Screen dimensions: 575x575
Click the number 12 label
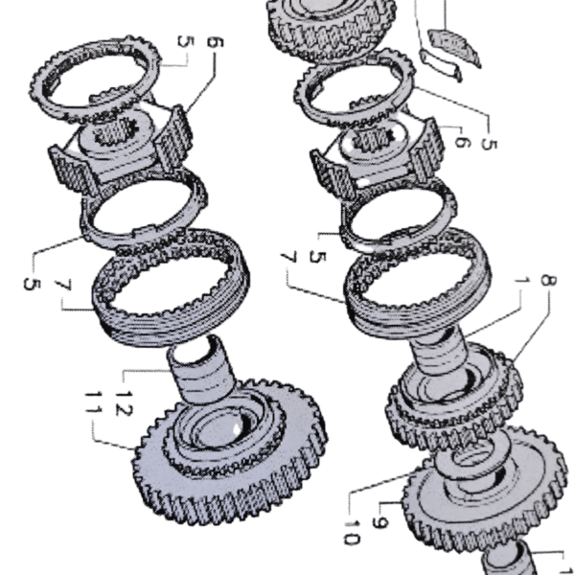(x=124, y=403)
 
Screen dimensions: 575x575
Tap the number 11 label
(x=94, y=402)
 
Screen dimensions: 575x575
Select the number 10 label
(x=352, y=533)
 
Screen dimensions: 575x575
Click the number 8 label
(x=548, y=281)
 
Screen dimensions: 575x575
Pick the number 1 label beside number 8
(x=522, y=281)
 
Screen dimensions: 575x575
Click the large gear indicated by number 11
(x=230, y=450)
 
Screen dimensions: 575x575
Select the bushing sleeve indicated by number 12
(x=201, y=369)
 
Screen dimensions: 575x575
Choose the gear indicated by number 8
(x=454, y=396)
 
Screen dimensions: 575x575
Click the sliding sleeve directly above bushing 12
(x=171, y=287)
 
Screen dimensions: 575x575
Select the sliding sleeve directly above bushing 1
(x=418, y=282)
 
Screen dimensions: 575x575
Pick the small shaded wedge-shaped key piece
(x=454, y=46)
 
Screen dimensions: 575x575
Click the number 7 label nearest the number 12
(x=63, y=285)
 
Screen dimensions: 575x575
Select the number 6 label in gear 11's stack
(x=215, y=42)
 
